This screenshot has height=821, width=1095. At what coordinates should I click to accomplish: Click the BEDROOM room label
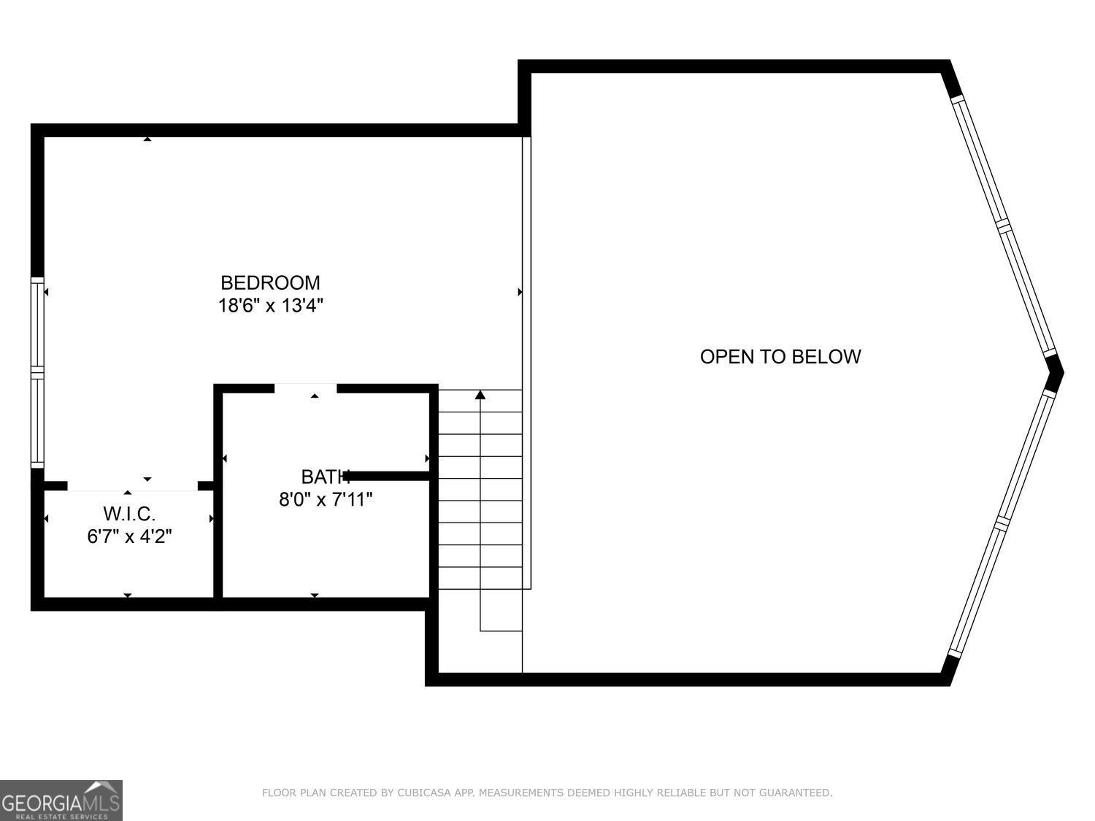270,282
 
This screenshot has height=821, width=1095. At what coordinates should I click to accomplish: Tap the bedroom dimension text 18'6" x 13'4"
270,305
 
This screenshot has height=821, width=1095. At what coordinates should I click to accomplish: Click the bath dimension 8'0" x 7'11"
326,500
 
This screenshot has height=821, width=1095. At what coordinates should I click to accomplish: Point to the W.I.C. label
129,514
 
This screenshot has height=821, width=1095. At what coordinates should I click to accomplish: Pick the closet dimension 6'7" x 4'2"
129,536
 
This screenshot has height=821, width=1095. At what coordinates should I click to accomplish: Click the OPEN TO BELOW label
780,356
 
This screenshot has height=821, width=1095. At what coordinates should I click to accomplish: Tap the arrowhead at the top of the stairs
480,396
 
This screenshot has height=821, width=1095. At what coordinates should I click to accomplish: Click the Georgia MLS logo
61,800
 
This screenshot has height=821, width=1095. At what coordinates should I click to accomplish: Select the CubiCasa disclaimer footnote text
547,793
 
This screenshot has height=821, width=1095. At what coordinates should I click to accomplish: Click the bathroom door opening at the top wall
306,388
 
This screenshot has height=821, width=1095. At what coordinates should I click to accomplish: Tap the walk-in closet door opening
132,485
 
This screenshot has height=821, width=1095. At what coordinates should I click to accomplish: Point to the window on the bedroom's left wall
37,372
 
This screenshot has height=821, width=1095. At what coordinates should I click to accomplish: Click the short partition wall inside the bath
387,476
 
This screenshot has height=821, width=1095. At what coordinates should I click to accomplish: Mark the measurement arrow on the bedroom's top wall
147,139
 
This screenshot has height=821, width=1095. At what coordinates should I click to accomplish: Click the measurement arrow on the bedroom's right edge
520,292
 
